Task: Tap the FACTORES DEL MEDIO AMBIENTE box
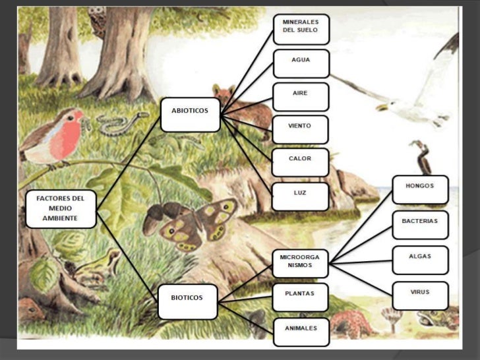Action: [61, 209]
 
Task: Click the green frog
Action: [99, 267]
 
